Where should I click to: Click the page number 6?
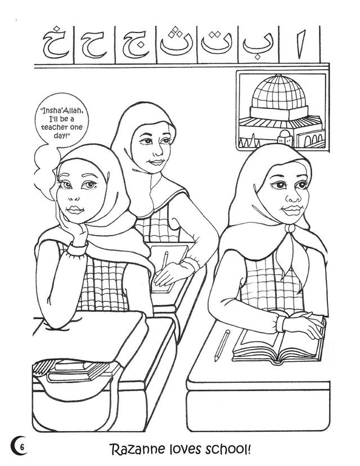point(22,447)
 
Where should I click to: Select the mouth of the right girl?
point(290,209)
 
